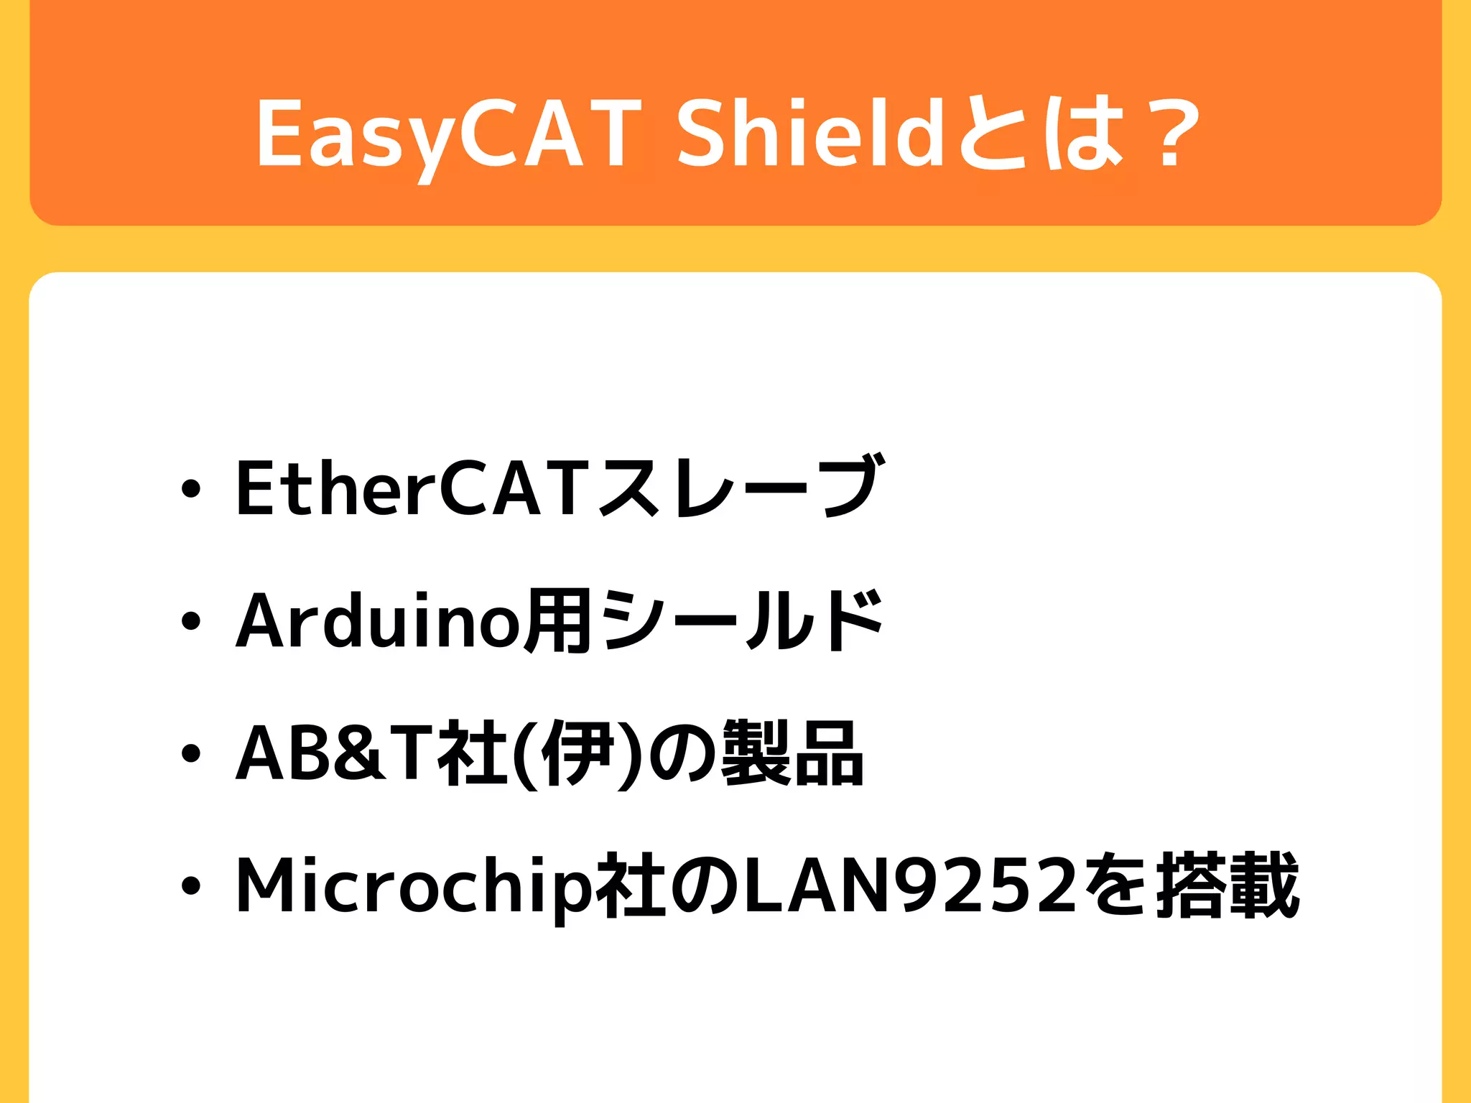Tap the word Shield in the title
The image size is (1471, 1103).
tap(809, 134)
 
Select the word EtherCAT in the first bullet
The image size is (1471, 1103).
tap(414, 488)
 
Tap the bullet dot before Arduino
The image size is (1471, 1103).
tap(190, 622)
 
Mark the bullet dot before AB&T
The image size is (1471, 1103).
tap(190, 754)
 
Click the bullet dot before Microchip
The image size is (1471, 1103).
tap(190, 886)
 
